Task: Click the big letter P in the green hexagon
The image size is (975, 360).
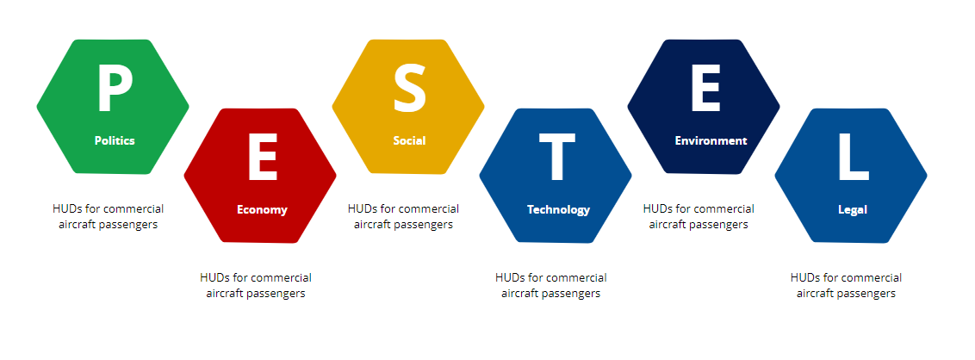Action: tap(115, 90)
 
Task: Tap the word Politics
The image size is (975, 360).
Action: tap(115, 140)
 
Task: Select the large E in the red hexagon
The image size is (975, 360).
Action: tap(263, 158)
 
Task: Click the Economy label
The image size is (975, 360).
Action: tap(262, 209)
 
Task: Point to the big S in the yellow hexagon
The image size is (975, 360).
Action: tap(410, 90)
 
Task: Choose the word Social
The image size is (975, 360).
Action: tap(409, 140)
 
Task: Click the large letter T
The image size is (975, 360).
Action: tap(556, 158)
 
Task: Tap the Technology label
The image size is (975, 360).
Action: tap(558, 209)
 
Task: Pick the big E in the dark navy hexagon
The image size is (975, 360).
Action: tap(705, 90)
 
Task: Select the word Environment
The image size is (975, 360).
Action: tap(711, 140)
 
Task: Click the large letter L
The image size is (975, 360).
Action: tap(853, 158)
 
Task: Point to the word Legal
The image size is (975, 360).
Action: tap(853, 209)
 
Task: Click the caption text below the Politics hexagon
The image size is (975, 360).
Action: tap(109, 216)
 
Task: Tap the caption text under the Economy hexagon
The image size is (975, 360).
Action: tap(256, 285)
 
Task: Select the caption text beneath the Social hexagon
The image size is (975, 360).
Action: tap(404, 216)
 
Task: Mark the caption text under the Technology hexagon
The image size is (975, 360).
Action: tap(551, 285)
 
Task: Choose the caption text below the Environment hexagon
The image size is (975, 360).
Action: tap(699, 216)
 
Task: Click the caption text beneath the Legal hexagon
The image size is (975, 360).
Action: tap(847, 285)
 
